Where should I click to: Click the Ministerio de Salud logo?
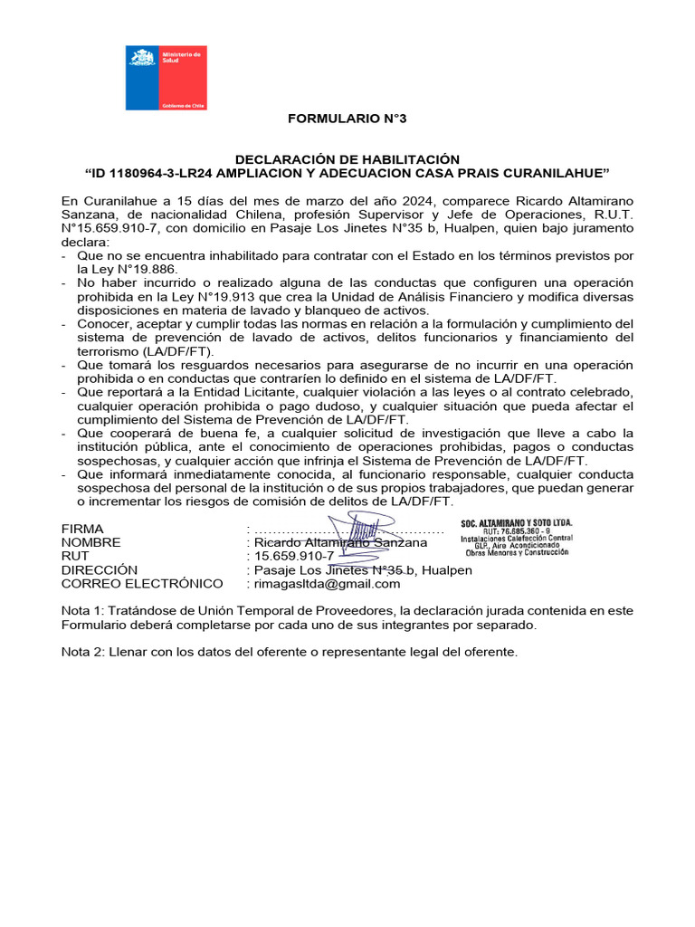166,79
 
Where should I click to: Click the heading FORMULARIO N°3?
340,119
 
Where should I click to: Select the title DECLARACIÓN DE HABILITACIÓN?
347,158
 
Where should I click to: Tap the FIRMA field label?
82,529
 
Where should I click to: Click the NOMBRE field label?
90,542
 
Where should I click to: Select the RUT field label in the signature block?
76,556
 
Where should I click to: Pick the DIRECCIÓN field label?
100,569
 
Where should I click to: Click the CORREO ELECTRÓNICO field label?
142,584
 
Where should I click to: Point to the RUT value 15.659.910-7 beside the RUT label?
294,556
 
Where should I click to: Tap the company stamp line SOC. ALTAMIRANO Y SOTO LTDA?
516,523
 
